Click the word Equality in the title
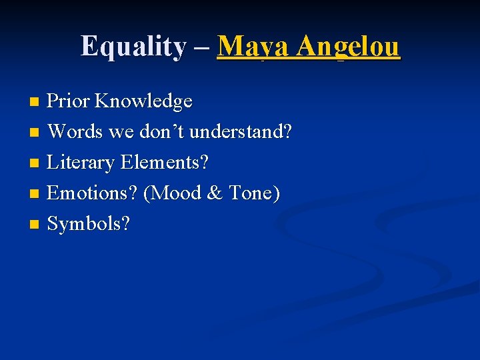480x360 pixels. tap(133, 47)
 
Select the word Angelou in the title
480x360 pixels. tap(349, 47)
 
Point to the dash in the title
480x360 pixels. tap(202, 48)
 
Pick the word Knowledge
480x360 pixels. tap(143, 101)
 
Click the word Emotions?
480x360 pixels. tap(93, 193)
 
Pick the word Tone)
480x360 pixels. tap(254, 193)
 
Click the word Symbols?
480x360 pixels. tap(89, 224)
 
